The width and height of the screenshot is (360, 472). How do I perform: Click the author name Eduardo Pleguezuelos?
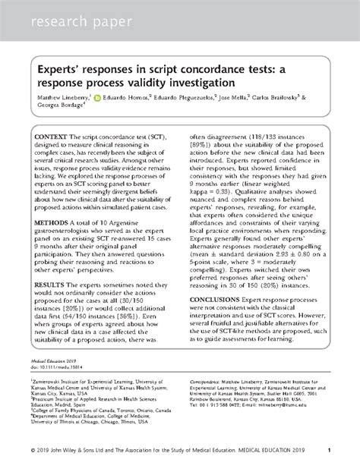point(187,99)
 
